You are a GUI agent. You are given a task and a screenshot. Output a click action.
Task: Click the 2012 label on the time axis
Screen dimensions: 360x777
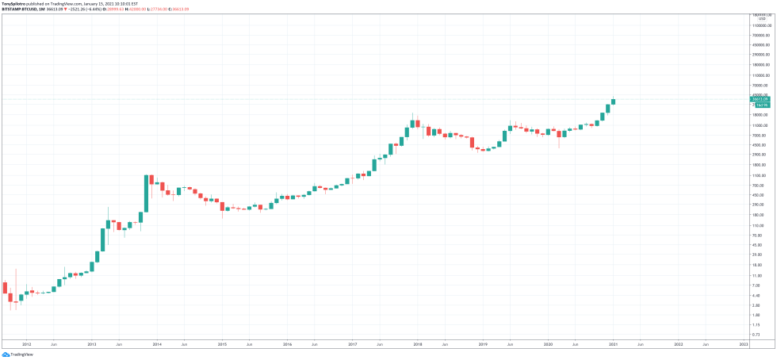[27, 345]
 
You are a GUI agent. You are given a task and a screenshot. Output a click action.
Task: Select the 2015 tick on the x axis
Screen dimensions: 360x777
[222, 345]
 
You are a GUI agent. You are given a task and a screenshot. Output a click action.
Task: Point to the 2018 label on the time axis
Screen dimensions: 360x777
[418, 345]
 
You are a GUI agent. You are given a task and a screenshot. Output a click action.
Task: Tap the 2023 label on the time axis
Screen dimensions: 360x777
[743, 345]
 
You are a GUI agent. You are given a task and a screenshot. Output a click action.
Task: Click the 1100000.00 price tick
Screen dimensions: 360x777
[762, 27]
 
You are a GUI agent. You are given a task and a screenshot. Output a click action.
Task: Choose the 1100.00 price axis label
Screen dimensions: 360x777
[759, 175]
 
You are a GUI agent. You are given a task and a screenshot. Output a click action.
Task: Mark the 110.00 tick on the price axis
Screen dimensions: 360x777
[758, 225]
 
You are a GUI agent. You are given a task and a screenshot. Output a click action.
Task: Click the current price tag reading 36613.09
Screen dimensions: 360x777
[760, 99]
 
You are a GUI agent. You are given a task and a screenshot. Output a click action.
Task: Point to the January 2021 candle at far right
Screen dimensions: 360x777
[613, 101]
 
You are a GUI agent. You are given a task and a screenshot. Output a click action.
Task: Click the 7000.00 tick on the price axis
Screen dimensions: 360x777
[758, 136]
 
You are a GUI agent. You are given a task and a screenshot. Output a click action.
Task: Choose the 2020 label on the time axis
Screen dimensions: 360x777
[548, 345]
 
